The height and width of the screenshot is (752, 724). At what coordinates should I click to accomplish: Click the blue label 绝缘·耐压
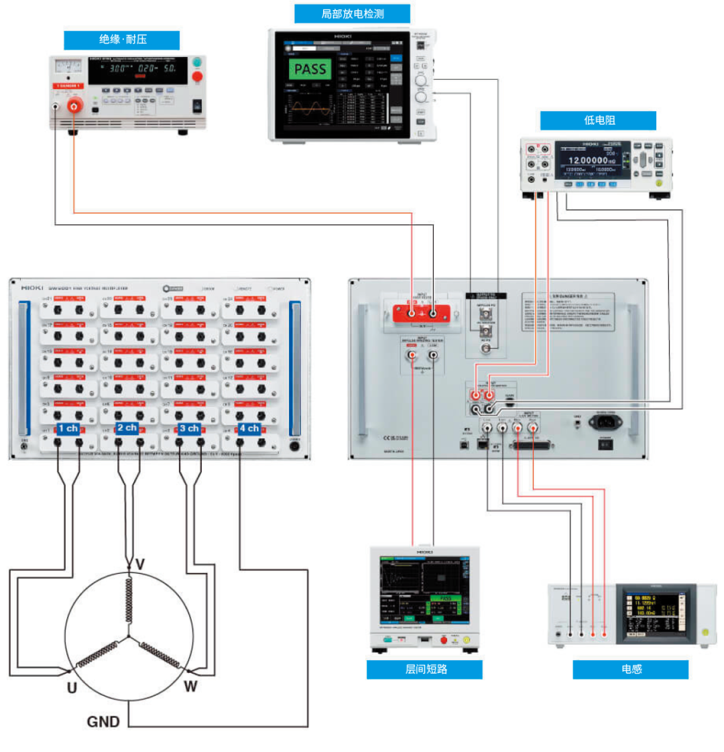point(122,40)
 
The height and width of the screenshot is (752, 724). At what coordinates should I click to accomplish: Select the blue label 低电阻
point(599,121)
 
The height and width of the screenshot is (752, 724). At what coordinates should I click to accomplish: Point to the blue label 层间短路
point(424,669)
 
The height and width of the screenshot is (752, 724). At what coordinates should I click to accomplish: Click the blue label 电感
point(631,669)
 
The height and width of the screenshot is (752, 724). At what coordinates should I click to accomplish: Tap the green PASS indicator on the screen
point(310,68)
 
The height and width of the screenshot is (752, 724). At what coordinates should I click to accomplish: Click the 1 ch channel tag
point(68,428)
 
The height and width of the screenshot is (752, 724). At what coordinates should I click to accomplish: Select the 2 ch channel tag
point(127,428)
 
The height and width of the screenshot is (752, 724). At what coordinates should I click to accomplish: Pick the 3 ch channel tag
point(189,428)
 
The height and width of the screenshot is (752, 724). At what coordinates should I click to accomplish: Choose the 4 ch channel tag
point(249,428)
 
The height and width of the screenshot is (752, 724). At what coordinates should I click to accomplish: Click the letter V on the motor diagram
point(139,565)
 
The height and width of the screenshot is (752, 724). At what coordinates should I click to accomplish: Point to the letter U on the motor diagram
point(72,688)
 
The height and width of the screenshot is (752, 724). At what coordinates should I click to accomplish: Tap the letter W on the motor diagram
point(190,686)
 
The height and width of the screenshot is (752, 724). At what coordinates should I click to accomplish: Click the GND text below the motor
point(103,721)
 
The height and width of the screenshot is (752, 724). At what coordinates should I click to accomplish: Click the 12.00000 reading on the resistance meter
point(588,161)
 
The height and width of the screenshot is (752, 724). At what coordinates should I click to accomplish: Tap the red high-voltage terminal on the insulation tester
point(74,105)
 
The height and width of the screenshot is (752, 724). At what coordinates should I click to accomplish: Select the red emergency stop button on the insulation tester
point(197,76)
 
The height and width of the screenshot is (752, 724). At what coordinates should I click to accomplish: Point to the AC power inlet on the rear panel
point(605,422)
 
